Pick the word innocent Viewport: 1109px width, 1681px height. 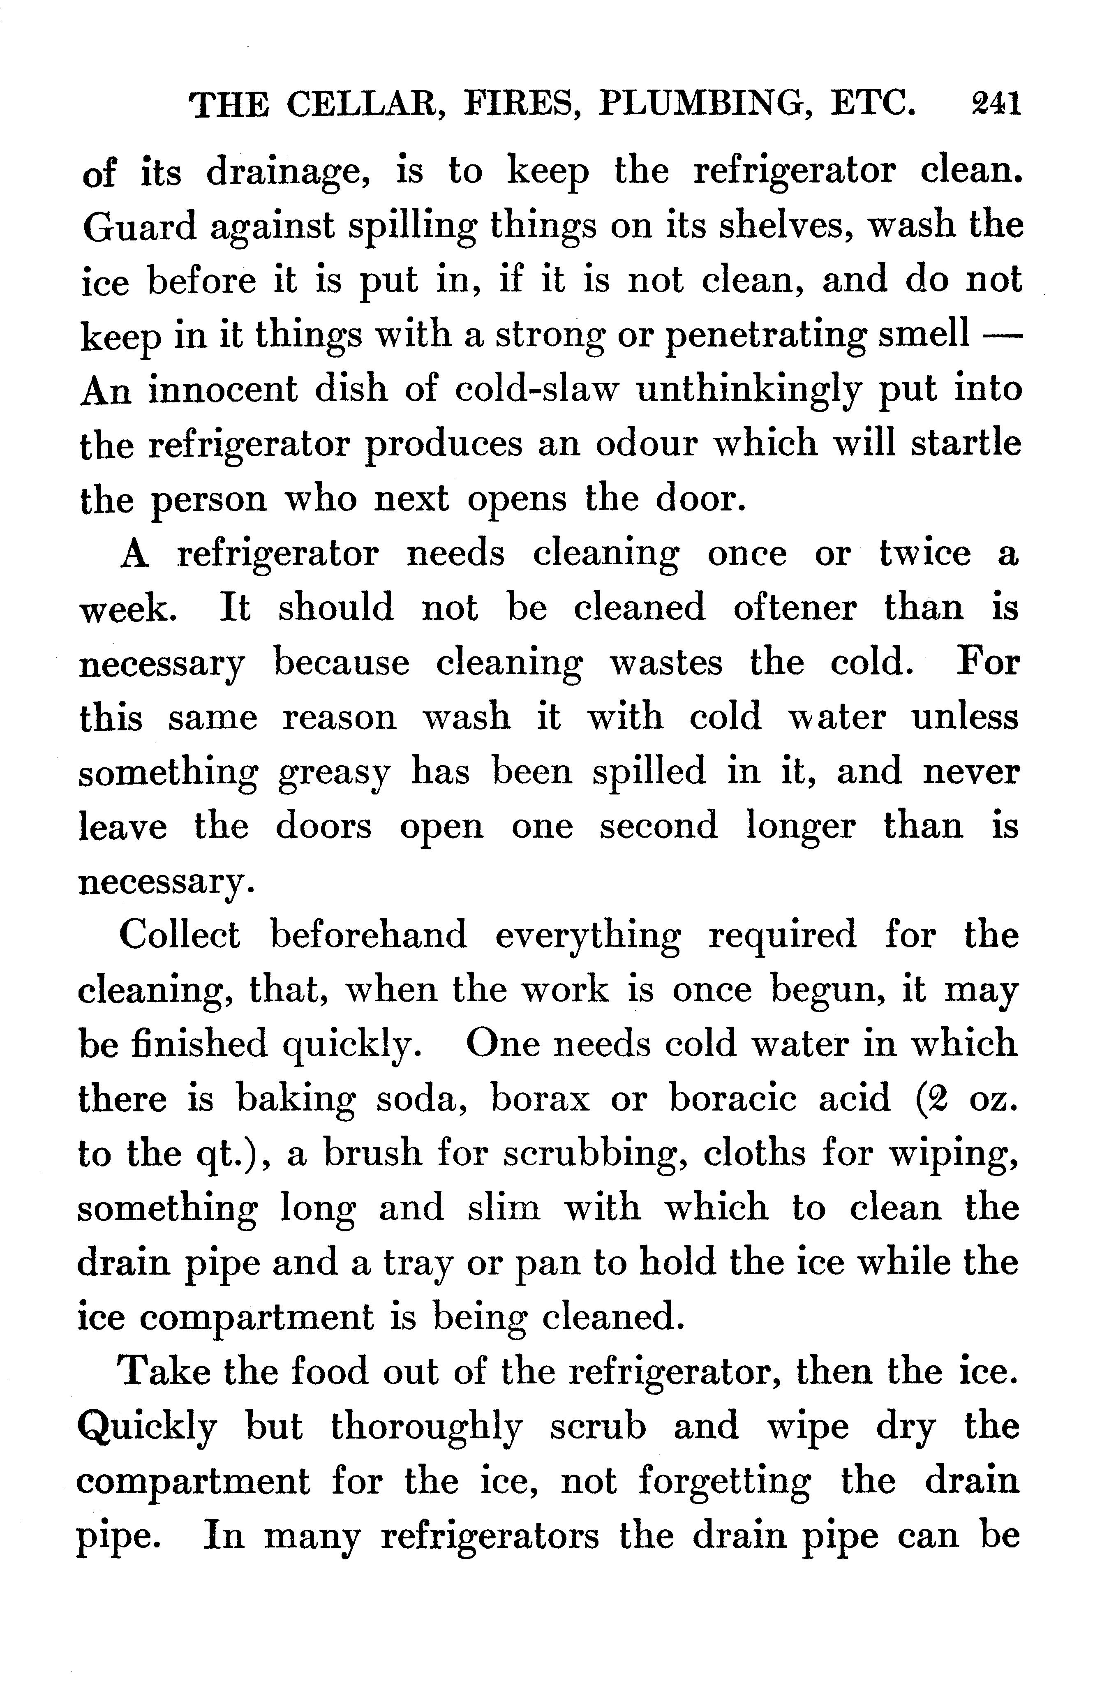pos(224,390)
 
